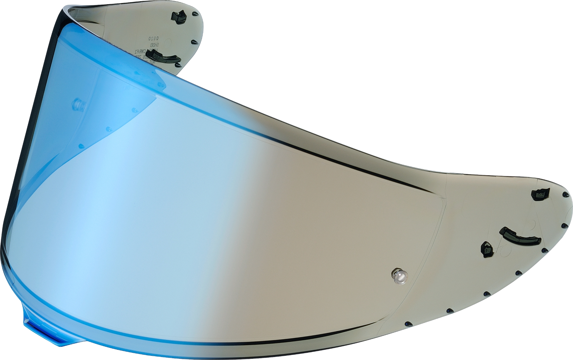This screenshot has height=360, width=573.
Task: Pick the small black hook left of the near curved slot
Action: [x=487, y=249]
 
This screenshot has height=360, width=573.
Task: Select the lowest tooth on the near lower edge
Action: [x=408, y=324]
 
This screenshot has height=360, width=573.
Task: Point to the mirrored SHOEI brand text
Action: [x=155, y=45]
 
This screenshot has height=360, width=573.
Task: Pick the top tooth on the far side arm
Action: [x=195, y=14]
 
